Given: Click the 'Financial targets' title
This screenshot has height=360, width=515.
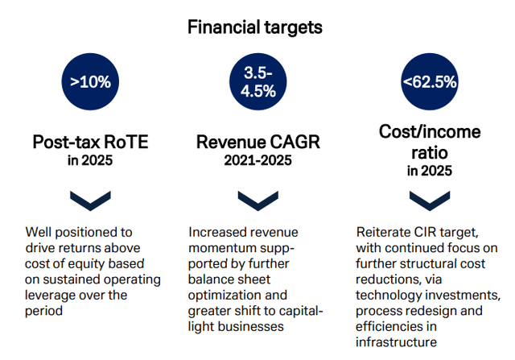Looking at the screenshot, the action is [255, 27].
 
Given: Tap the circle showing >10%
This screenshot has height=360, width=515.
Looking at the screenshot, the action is [90, 81].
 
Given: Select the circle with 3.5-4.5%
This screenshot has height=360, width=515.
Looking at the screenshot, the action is [257, 81].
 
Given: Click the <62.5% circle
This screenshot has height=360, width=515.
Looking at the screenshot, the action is [430, 81].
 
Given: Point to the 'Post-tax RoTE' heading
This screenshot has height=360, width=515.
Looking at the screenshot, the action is [90, 143].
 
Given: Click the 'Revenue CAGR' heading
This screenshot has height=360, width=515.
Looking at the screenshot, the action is [257, 142].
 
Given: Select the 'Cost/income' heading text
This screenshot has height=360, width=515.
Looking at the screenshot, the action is [430, 132].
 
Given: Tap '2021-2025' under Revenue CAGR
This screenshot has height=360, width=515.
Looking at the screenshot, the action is [257, 160].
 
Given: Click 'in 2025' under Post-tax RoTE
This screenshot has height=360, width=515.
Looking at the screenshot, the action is [90, 160].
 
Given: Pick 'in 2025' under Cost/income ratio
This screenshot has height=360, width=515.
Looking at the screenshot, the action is [430, 171].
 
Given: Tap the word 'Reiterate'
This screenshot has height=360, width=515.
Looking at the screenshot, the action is [381, 233].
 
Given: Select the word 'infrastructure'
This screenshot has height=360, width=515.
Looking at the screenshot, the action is [396, 342].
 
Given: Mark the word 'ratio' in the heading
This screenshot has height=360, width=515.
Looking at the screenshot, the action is [430, 153].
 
